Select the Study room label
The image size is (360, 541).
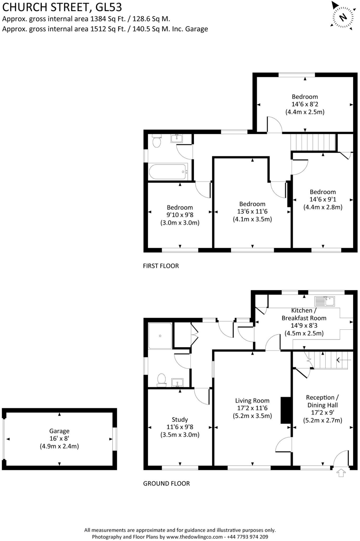coord(180,419)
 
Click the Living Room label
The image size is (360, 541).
coord(252,400)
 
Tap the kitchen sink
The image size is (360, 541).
coord(325,301)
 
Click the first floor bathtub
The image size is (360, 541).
coord(168,172)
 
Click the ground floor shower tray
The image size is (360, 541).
coord(160,336)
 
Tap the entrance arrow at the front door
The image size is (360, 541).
coord(341,473)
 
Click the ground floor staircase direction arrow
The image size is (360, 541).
coord(343,360)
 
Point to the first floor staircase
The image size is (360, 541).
coord(313,142)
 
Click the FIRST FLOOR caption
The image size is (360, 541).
coord(161,266)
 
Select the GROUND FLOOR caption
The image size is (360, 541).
coord(166,483)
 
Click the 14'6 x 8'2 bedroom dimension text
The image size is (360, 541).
coord(305,104)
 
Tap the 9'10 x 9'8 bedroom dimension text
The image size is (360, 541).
coord(180,215)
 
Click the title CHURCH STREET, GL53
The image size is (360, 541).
coord(62,7)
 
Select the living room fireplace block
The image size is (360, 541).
coord(286,410)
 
